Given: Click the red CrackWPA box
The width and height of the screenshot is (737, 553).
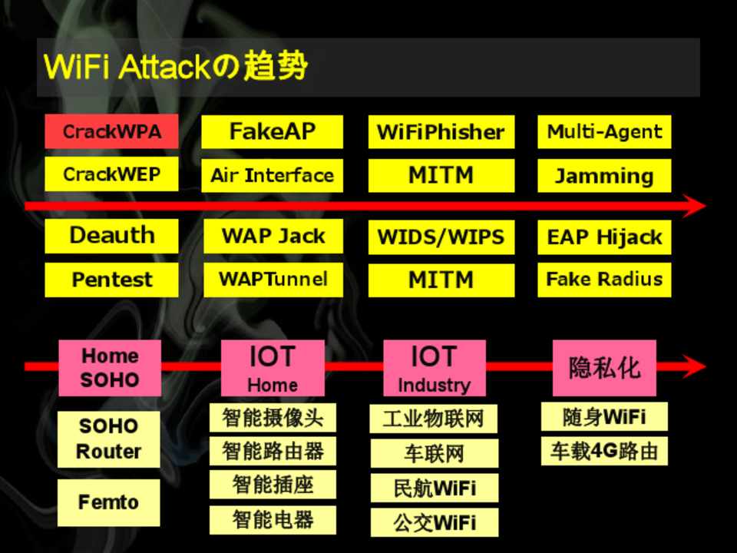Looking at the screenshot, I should [111, 131].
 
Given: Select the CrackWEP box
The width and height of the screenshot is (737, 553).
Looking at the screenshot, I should [111, 174].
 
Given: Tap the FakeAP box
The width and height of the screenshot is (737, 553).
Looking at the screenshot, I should [272, 131].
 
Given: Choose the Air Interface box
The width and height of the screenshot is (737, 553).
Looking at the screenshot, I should [272, 176].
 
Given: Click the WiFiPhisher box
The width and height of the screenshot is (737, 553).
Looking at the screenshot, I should [441, 132].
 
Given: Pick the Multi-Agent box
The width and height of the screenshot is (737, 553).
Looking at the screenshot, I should [604, 131].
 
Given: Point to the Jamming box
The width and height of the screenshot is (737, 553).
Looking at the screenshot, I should [604, 176].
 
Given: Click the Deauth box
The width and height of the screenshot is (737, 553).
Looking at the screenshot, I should [111, 236].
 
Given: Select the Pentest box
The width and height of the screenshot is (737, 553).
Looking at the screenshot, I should [111, 280].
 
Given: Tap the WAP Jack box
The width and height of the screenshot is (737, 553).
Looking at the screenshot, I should [273, 236].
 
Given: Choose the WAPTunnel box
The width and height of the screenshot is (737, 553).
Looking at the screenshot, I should [273, 279].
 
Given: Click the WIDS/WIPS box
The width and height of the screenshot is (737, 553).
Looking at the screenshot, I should [441, 237].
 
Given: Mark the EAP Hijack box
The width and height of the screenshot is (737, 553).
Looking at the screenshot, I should [604, 237].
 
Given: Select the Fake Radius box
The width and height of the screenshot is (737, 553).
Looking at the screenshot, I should [604, 279].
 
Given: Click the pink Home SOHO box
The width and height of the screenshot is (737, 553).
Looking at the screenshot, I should [110, 368].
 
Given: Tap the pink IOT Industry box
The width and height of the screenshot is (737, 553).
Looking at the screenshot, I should [434, 368].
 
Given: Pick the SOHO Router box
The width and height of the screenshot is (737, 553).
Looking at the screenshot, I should [109, 439].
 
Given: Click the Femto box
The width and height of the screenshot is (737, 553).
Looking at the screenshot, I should [109, 502].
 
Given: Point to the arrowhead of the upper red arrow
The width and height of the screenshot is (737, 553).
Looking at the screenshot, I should [695, 206].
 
